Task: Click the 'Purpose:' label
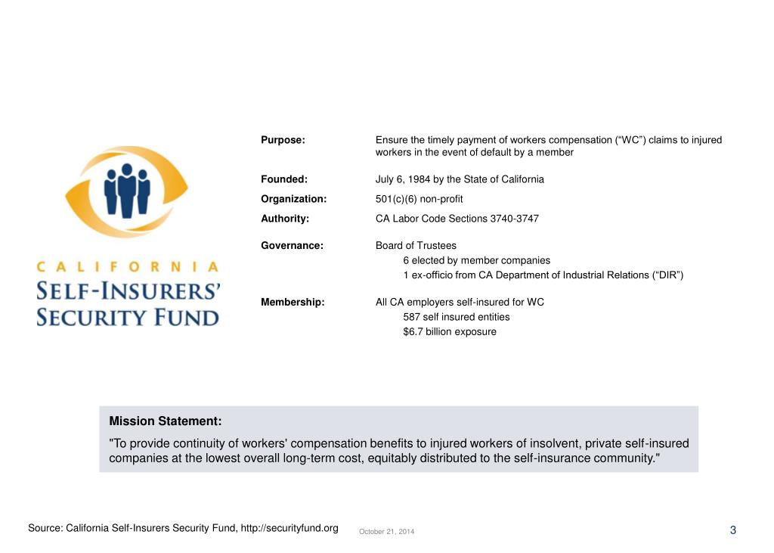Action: (283, 140)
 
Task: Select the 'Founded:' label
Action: (284, 179)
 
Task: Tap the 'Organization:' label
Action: (293, 199)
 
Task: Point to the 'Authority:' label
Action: (285, 219)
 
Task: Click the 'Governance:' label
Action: (292, 246)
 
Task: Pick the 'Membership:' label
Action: (293, 303)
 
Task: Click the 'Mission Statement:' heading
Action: (166, 421)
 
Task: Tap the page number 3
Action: (732, 530)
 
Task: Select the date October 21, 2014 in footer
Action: (386, 532)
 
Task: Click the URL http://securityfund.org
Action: (289, 527)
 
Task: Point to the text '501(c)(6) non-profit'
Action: (419, 199)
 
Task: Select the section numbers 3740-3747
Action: (515, 219)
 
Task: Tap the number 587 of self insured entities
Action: (412, 317)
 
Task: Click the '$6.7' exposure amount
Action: (413, 331)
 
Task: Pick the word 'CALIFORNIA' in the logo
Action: (128, 266)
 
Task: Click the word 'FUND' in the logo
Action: (181, 316)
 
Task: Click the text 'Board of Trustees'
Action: (416, 246)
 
